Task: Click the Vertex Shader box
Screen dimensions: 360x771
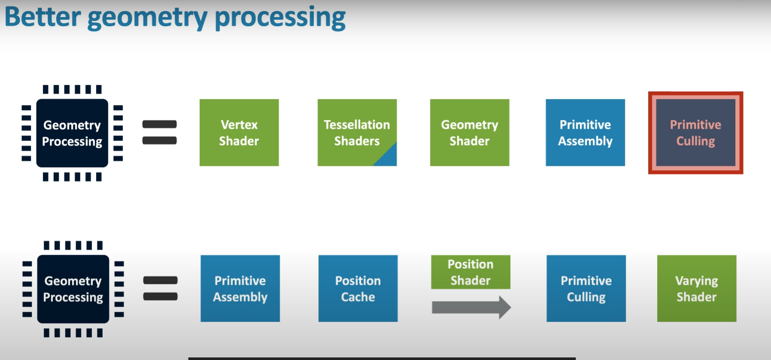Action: click(239, 132)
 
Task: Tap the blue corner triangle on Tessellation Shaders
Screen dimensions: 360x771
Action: click(389, 158)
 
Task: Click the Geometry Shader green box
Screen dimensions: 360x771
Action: click(469, 132)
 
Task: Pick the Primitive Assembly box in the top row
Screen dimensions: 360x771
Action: click(585, 132)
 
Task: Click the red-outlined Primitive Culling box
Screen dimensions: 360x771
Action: click(695, 132)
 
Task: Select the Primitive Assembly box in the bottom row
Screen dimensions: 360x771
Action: click(240, 288)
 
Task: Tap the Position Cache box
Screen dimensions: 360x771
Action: click(358, 288)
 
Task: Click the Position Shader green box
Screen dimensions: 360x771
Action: click(470, 272)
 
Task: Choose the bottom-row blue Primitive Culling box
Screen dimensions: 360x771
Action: click(586, 288)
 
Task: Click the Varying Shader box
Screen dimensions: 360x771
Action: click(696, 288)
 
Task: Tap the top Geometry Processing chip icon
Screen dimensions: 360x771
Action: click(72, 133)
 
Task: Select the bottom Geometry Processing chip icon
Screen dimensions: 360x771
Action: click(73, 289)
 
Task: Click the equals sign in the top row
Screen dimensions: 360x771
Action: click(159, 132)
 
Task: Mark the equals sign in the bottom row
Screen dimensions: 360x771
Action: click(160, 288)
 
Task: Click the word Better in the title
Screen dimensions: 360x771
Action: click(43, 17)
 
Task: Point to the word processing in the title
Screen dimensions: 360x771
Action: click(280, 18)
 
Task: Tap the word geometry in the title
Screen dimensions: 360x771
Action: click(147, 18)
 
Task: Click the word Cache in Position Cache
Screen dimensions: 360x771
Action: click(358, 297)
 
